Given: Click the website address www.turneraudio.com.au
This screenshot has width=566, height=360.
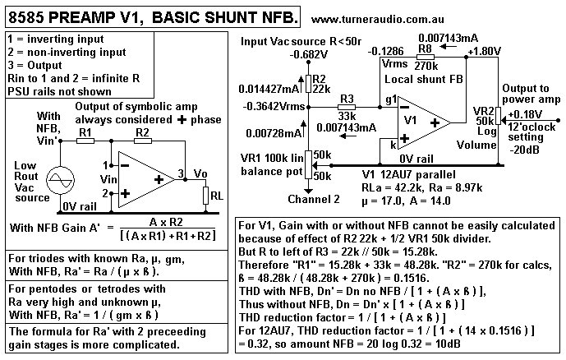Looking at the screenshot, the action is (377, 20).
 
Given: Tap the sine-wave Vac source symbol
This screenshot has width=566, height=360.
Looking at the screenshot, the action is (60, 180).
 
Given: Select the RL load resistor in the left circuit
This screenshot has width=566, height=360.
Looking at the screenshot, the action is (205, 196).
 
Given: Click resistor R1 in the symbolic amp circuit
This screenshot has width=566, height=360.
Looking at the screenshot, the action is (85, 141).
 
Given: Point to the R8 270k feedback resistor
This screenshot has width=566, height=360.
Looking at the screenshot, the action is (426, 57).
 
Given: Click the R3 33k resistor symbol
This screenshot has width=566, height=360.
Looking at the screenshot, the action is (347, 107).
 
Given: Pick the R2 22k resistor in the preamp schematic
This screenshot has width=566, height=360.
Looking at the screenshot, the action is (308, 84).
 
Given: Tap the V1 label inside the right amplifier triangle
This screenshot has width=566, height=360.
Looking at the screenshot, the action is (410, 120).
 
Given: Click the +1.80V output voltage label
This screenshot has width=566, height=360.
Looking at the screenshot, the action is (485, 51).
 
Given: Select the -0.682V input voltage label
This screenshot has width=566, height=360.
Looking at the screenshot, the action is (309, 54).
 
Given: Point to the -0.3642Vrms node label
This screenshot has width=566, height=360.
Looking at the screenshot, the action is (274, 107).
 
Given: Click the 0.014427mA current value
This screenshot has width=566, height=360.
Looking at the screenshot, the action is (268, 89).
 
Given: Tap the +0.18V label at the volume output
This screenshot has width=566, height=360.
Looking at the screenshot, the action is (525, 114).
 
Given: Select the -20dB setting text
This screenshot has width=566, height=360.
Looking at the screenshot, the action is (524, 149).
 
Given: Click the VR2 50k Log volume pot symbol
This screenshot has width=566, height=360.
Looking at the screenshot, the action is (498, 116).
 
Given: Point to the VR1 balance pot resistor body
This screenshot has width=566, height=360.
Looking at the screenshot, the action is (308, 165).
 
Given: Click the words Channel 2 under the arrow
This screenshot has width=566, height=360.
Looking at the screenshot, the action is (314, 200).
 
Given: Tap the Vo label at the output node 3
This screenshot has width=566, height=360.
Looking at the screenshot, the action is (200, 173).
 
